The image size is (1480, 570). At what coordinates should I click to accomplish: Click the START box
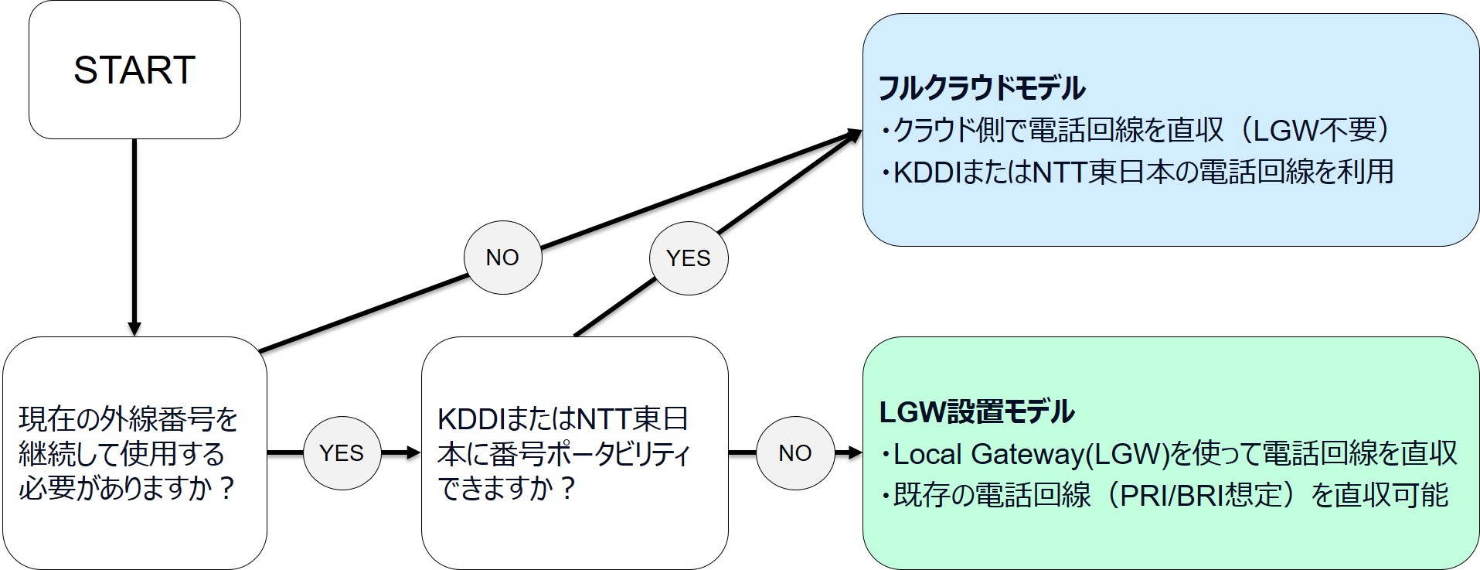[134, 70]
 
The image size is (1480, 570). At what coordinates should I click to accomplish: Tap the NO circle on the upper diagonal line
[502, 258]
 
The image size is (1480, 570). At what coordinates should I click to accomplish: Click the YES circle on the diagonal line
[688, 258]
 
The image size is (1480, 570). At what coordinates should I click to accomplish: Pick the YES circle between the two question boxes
[341, 452]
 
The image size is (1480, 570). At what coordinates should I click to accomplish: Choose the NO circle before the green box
[794, 452]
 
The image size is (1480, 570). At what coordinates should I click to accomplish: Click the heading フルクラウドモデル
[982, 88]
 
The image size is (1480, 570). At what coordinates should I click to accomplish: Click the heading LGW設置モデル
[976, 411]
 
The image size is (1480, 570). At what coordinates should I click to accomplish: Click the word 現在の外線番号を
[128, 419]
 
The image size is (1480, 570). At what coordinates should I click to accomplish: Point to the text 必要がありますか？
[128, 489]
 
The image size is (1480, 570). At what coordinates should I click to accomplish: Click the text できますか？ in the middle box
[506, 489]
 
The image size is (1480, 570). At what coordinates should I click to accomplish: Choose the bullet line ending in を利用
[1136, 172]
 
